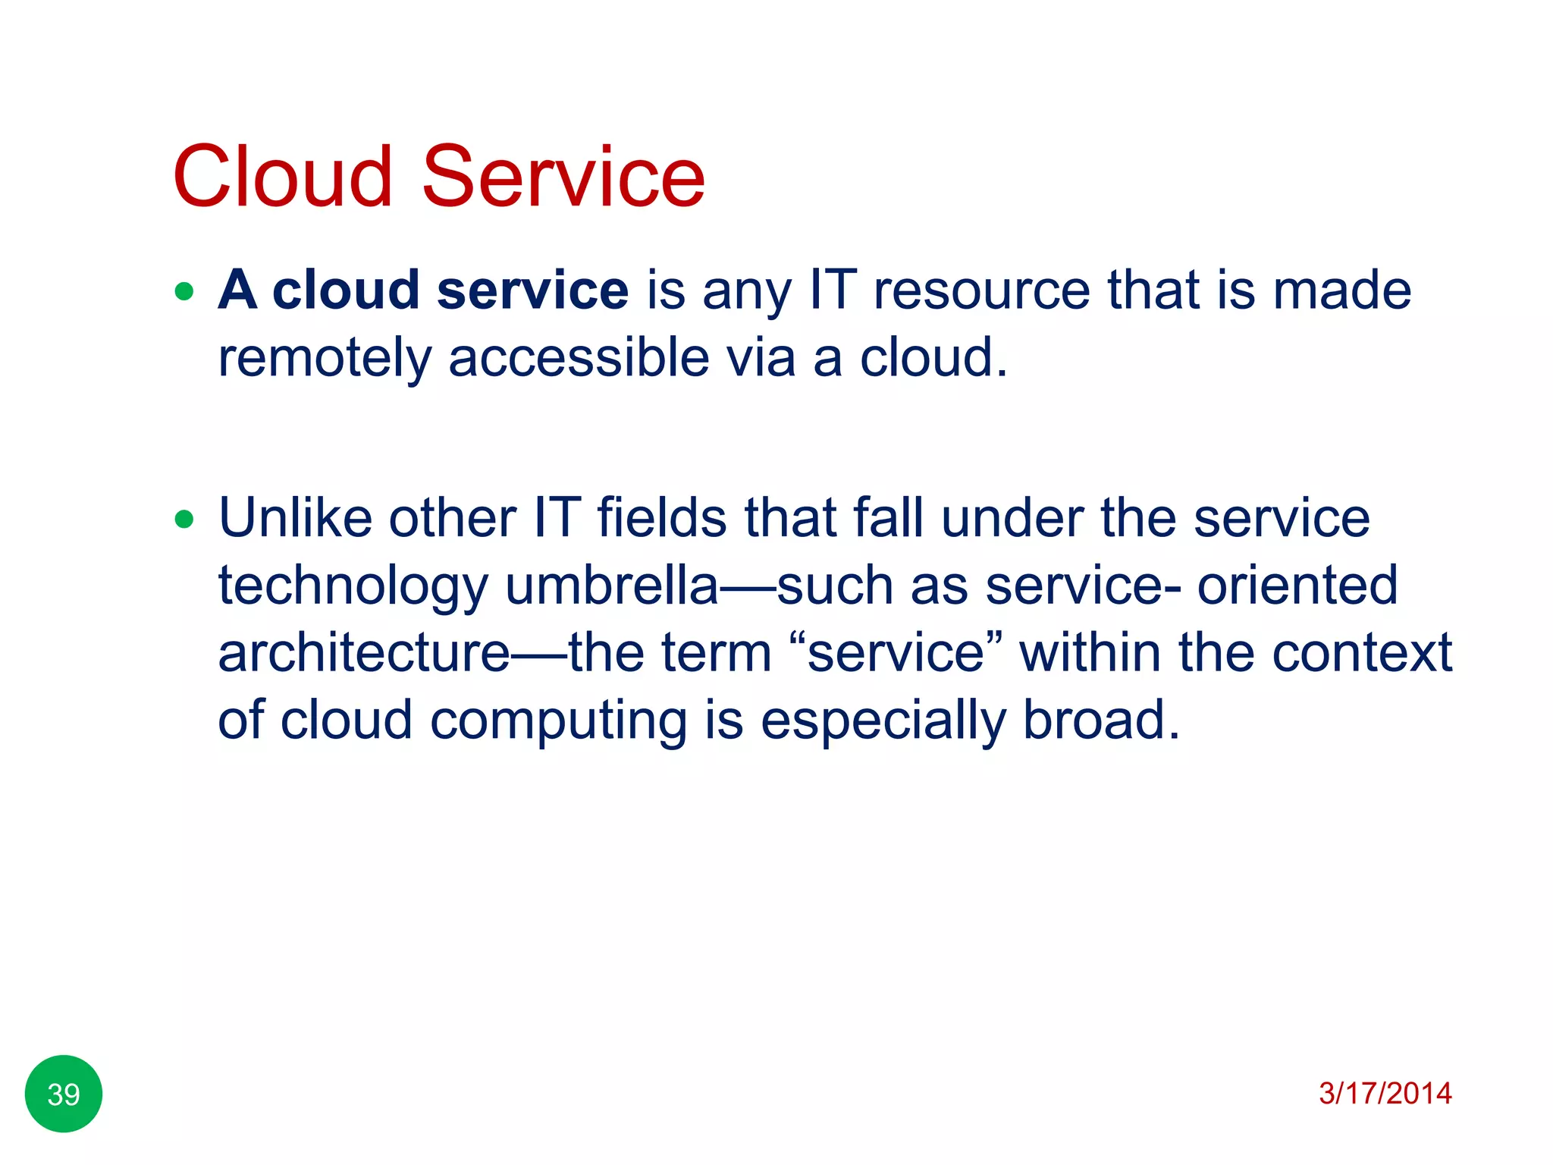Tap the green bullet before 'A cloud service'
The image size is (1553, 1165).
coord(184,291)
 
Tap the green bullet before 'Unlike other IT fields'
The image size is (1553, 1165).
coord(184,520)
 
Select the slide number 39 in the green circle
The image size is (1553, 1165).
coord(64,1094)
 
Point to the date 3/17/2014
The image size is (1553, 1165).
coord(1385,1093)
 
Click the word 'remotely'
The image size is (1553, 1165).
coord(324,358)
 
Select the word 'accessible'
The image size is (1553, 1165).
coord(579,358)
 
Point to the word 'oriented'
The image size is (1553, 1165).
coord(1297,586)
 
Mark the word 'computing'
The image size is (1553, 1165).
coord(558,721)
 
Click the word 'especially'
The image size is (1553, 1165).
coord(883,721)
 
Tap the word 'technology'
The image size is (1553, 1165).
coord(353,587)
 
